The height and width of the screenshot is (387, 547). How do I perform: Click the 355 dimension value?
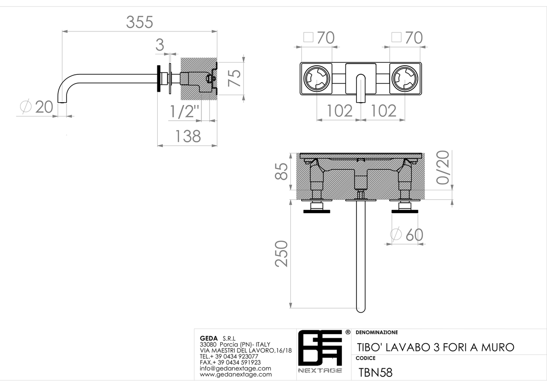tap(139, 22)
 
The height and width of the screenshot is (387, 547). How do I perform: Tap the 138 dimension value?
tap(188, 136)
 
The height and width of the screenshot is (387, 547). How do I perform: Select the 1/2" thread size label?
tap(184, 111)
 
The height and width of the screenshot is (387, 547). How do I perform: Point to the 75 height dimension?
tap(234, 78)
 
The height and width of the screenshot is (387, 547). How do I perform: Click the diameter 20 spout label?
tap(36, 107)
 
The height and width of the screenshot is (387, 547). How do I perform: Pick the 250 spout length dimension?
tap(281, 254)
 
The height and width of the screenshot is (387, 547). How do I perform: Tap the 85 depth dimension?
tap(281, 172)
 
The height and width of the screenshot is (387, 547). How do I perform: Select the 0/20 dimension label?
tap(443, 167)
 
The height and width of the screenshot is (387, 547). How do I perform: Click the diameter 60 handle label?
tap(407, 235)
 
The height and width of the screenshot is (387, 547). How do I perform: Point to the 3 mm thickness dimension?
tap(160, 45)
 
